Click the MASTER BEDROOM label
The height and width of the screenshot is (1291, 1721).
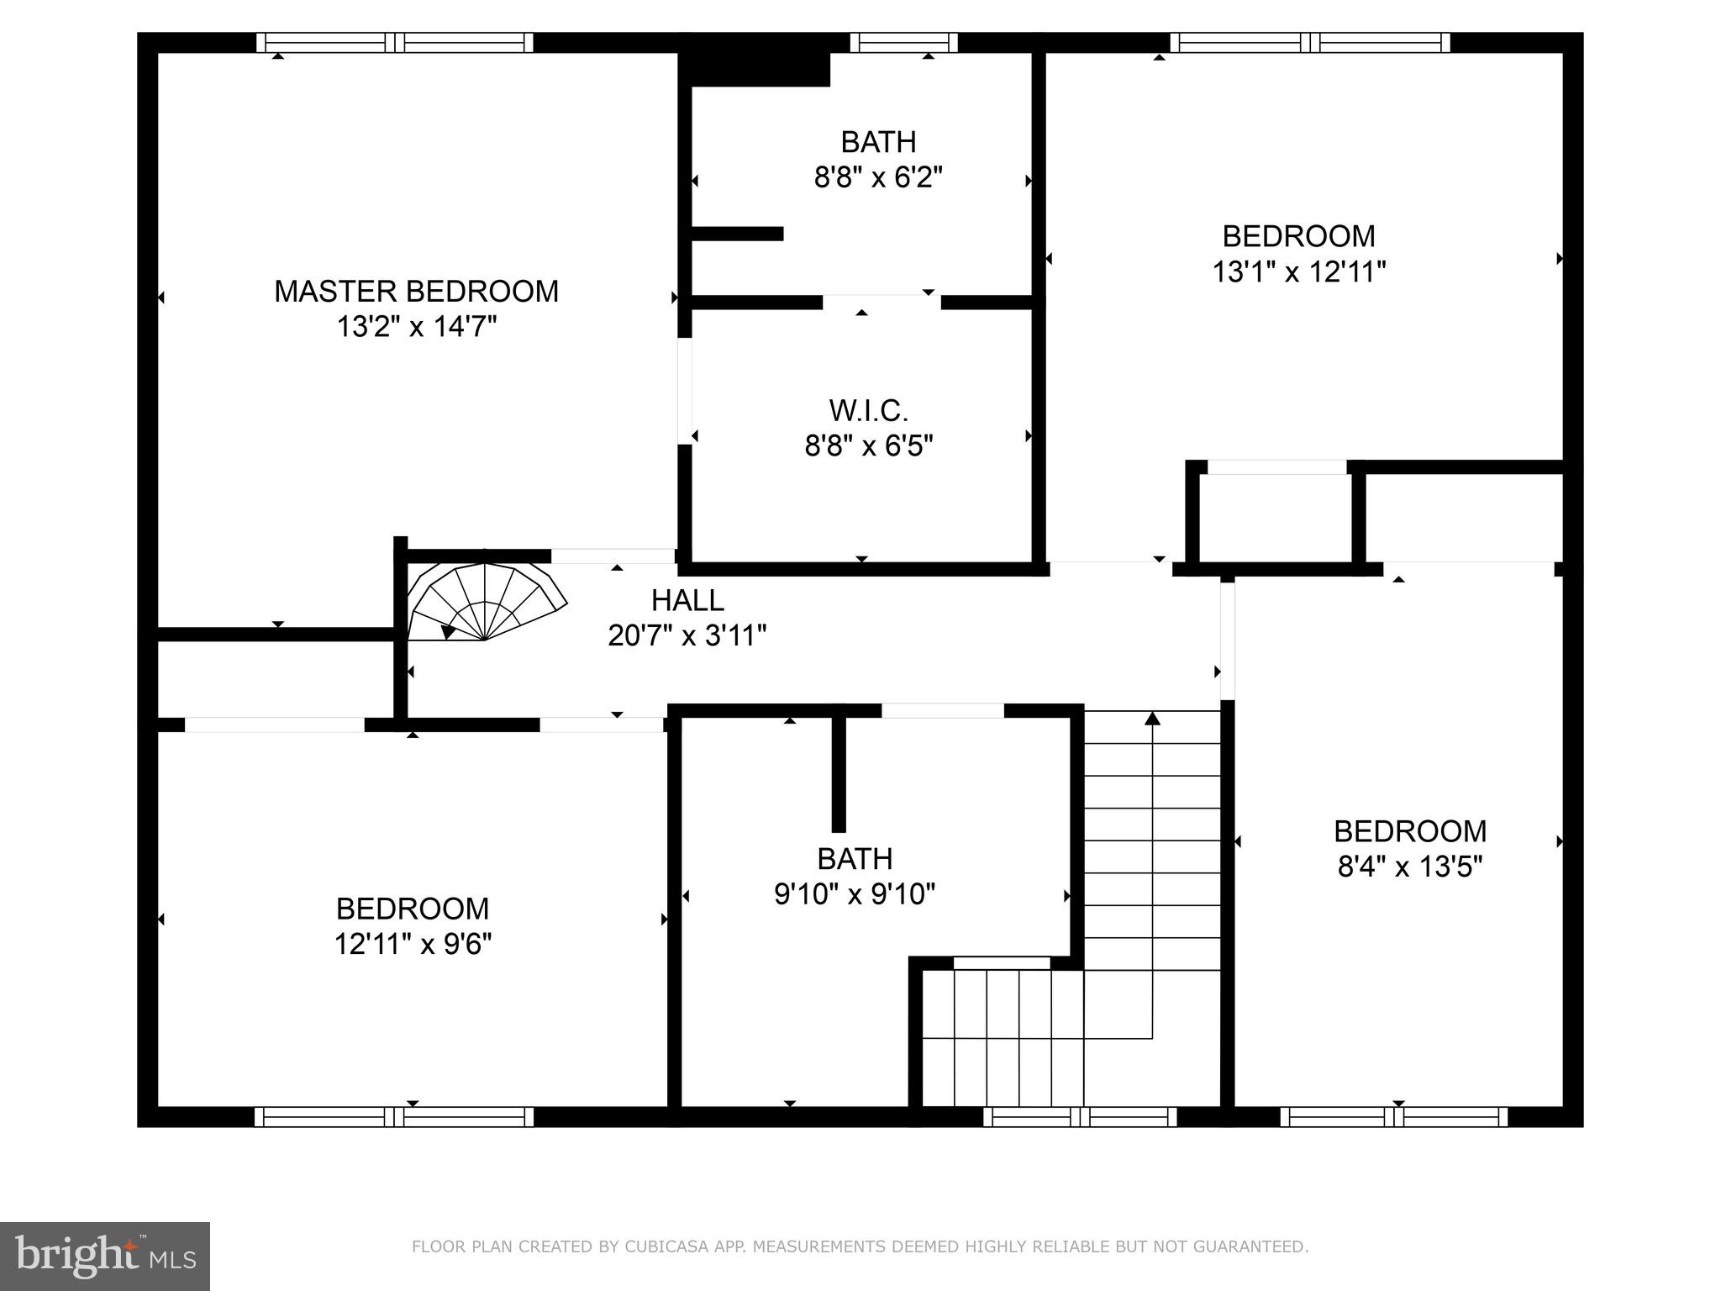(x=416, y=292)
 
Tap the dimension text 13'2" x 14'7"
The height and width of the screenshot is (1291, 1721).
(x=417, y=327)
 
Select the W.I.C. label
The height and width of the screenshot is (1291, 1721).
(x=868, y=411)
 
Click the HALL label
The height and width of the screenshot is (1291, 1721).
(x=687, y=600)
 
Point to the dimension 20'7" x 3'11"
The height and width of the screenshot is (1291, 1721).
(x=687, y=635)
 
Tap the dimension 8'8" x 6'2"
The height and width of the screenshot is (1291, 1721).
(x=878, y=177)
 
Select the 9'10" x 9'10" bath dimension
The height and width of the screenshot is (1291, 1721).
(x=855, y=894)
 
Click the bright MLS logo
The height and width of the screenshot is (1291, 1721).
(x=105, y=1256)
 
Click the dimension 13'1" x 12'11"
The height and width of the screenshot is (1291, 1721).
(x=1298, y=271)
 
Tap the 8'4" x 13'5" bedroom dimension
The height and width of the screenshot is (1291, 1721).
(x=1410, y=867)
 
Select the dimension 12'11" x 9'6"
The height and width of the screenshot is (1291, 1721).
(x=413, y=944)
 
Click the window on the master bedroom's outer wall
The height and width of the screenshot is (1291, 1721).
(x=394, y=43)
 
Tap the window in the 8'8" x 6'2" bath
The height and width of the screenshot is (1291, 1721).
(x=903, y=43)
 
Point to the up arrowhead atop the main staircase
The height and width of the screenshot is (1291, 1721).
(x=1152, y=718)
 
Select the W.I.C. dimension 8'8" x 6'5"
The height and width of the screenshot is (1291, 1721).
(x=869, y=446)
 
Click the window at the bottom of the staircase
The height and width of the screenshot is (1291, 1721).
(x=1080, y=1116)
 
